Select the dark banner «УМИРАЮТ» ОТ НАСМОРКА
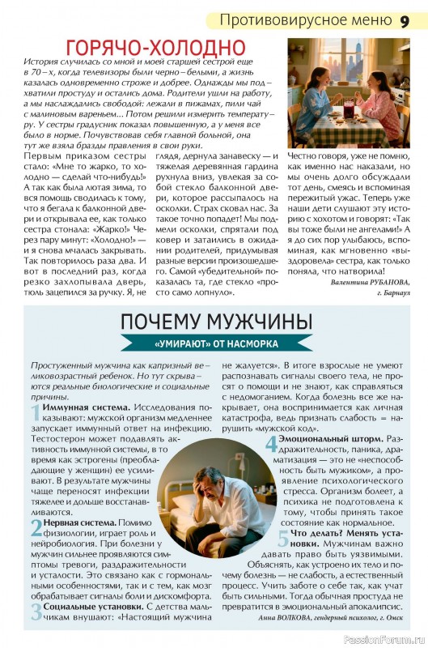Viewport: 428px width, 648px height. pyautogui.click(x=214, y=343)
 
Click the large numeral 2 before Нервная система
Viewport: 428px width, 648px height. pyautogui.click(x=36, y=527)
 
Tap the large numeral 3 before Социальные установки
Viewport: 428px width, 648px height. pyautogui.click(x=36, y=612)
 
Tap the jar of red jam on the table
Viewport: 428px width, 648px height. pyautogui.click(x=349, y=104)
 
